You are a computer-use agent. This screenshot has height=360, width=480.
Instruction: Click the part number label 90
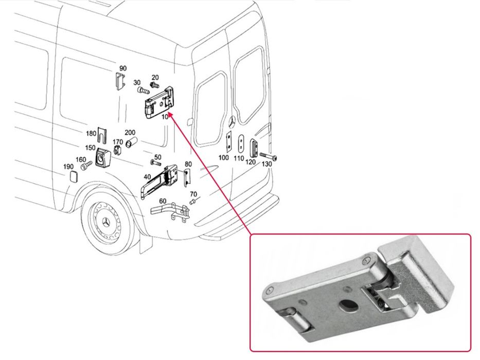pos(123,68)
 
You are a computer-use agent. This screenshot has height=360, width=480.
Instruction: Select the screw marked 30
pos(143,91)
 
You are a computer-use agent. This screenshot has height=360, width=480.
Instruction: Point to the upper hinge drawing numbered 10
pos(159,102)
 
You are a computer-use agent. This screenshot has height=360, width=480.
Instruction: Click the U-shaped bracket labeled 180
pos(102,135)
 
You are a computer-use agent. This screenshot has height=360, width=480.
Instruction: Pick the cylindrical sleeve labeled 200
pos(132,142)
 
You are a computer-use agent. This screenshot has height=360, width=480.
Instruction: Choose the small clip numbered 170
pos(117,150)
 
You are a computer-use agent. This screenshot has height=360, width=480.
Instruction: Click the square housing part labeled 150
pos(102,157)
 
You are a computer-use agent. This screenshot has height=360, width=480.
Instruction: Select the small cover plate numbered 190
pos(74,177)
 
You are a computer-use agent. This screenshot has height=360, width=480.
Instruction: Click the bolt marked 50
pos(155,163)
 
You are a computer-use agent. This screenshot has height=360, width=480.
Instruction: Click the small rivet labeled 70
pos(193,201)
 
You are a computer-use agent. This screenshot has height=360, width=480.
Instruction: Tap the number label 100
pos(223,157)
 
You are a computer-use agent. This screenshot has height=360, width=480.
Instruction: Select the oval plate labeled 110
pos(241,143)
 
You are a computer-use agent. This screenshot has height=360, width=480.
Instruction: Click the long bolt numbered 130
pos(269,156)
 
